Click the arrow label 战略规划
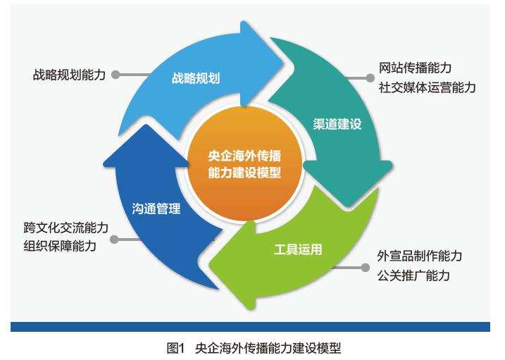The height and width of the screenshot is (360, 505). [x=196, y=78]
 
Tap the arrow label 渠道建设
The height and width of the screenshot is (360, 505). [x=337, y=124]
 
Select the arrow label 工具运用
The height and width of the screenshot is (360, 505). [x=298, y=249]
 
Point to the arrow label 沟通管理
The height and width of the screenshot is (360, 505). [x=156, y=209]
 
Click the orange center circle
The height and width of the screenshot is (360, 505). [x=244, y=164]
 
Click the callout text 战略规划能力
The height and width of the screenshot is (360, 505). [x=69, y=75]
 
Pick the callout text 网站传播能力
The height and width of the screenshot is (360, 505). [x=415, y=68]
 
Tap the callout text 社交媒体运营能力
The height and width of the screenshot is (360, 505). [x=427, y=87]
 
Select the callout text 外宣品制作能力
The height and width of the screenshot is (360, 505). [x=420, y=256]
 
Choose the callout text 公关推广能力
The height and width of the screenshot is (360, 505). [x=413, y=275]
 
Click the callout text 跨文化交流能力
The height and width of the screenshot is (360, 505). [x=66, y=228]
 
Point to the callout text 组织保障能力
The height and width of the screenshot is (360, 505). [x=60, y=246]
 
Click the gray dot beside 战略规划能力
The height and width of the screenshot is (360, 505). [x=116, y=75]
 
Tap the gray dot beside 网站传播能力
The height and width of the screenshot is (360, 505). [x=370, y=78]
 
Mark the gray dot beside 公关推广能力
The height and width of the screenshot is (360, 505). [x=366, y=267]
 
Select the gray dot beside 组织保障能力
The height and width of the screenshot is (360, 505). [x=114, y=240]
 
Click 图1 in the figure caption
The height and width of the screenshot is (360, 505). [x=175, y=349]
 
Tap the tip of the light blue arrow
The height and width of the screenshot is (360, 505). [x=283, y=63]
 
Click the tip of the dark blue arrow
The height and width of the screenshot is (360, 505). [x=146, y=125]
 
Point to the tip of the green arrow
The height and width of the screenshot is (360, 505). [x=209, y=265]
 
